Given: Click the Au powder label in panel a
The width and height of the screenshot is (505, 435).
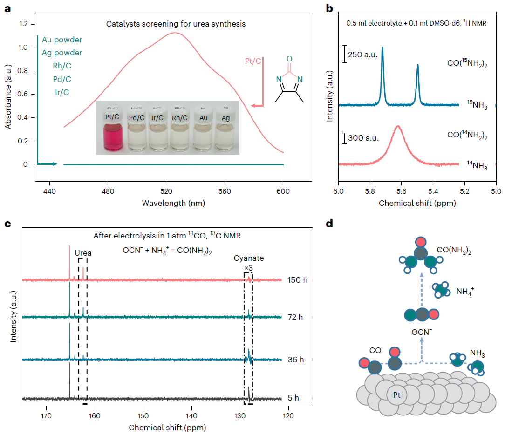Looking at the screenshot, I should [x=62, y=40].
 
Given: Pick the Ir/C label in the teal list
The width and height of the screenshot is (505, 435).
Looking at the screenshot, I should [x=62, y=92].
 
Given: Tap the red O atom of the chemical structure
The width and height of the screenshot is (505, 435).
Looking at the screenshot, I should [x=289, y=59].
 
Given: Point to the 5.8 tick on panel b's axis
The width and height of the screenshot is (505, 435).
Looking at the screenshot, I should [x=370, y=190].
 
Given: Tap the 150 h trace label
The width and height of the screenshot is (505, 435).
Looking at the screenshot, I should [x=296, y=280].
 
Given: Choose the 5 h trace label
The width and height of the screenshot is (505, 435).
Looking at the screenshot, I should [x=293, y=398].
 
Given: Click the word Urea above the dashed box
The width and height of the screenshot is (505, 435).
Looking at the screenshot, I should [x=83, y=253].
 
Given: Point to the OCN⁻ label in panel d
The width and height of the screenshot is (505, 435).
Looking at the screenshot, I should [x=422, y=333].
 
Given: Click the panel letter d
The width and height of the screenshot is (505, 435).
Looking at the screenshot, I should [x=329, y=224].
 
